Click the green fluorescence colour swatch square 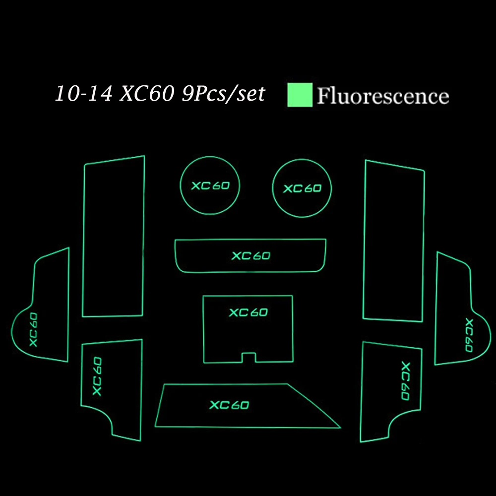[300, 95]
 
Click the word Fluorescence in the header [383, 96]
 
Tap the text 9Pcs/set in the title [223, 94]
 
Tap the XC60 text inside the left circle [210, 186]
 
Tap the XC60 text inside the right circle [303, 188]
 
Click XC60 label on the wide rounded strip [251, 255]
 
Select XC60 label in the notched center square [248, 312]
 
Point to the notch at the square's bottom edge [248, 357]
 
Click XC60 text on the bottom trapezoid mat [229, 405]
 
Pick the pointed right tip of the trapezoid [341, 428]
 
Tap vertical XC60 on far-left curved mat [34, 330]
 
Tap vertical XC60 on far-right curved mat [469, 335]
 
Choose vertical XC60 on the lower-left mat [97, 376]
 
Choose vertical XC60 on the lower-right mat [406, 381]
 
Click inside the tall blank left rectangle [113, 237]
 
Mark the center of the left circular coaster [210, 186]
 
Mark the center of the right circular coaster [302, 188]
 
